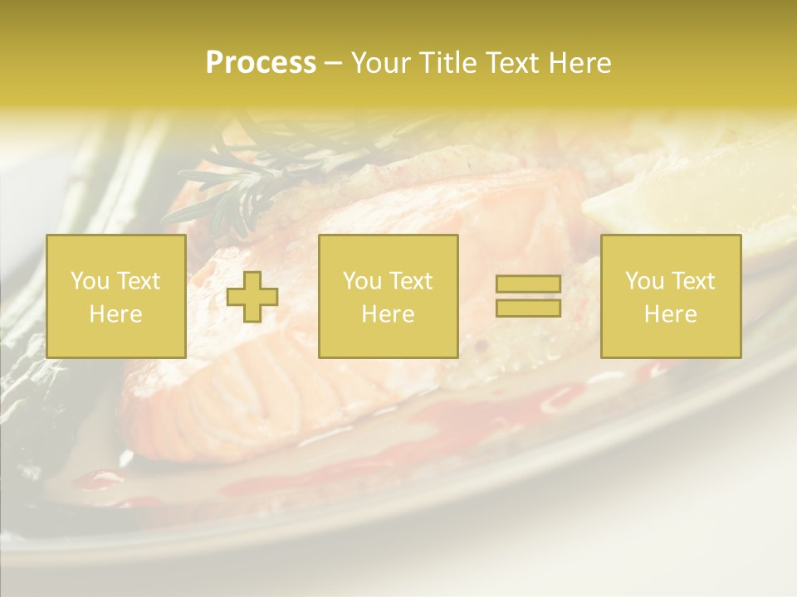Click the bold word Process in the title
261,63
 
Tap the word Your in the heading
382,63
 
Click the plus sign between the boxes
252,297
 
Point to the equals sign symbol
528,297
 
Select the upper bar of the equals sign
528,285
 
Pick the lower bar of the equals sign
528,308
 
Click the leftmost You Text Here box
115,296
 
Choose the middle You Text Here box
388,296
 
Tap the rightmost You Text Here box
670,296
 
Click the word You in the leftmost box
88,281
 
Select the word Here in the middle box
388,314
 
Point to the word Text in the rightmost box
692,281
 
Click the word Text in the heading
511,63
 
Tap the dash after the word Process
333,64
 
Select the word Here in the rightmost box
670,314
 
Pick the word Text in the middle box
410,281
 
